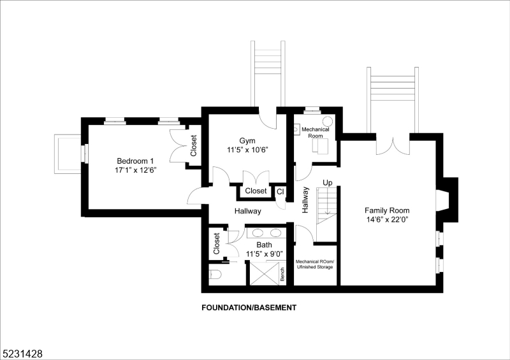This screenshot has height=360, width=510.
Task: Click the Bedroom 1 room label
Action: [x=135, y=161]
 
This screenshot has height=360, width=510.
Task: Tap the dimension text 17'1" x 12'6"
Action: [x=135, y=171]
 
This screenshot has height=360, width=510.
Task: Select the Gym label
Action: [x=247, y=141]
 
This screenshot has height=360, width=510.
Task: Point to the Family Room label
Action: [x=386, y=210]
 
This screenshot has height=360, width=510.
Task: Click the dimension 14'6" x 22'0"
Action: [x=386, y=220]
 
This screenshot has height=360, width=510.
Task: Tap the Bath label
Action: [x=264, y=245]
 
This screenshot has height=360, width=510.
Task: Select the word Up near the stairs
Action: [x=328, y=183]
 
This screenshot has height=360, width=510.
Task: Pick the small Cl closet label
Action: [x=280, y=191]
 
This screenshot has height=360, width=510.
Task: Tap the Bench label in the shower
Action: [x=282, y=274]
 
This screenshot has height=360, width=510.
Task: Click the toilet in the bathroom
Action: [x=215, y=275]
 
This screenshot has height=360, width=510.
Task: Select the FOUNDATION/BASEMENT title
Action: [x=249, y=308]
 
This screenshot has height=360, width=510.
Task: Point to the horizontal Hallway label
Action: [x=247, y=212]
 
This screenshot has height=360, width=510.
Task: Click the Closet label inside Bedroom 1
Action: [x=194, y=147]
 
